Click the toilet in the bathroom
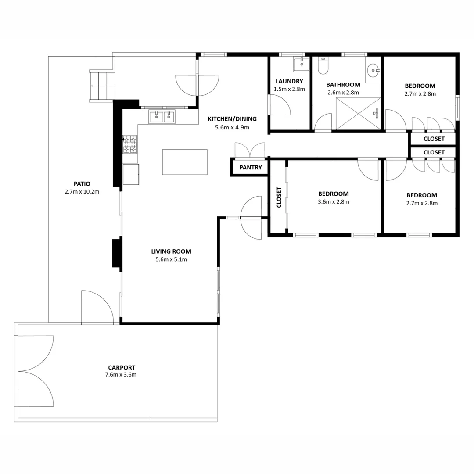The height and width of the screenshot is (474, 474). click(323, 66)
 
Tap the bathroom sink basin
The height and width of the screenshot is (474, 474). click(373, 69)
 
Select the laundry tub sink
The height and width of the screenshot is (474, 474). click(302, 64)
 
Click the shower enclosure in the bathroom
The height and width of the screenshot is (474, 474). click(358, 113)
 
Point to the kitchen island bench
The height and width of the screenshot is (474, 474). click(185, 162)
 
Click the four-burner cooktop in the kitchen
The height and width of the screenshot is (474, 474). click(130, 144)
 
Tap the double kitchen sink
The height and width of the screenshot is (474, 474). click(162, 117)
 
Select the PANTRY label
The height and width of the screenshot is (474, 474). click(251, 167)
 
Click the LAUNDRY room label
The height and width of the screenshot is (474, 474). click(289, 81)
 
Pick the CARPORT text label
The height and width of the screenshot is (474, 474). click(122, 367)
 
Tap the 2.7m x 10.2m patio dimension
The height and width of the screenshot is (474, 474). click(82, 191)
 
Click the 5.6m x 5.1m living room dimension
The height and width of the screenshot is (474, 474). click(171, 259)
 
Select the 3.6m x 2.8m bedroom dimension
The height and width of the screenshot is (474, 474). click(334, 202)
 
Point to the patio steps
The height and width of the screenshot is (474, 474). click(102, 86)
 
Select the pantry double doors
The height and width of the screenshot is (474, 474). click(250, 150)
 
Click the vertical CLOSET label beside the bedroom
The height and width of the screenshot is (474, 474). click(279, 197)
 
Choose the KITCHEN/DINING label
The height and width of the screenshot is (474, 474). click(232, 119)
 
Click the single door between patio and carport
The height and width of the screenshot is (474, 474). click(97, 307)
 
